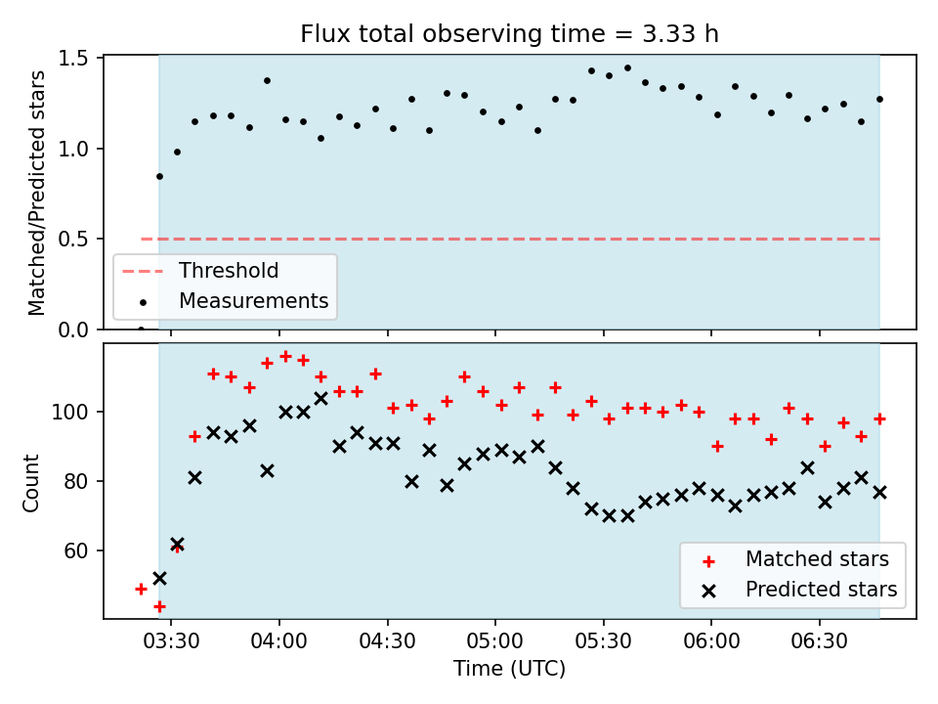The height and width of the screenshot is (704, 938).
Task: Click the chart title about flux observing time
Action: click(x=509, y=34)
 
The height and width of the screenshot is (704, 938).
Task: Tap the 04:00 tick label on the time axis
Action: click(x=278, y=641)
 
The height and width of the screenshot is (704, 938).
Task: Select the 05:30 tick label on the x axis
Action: click(x=603, y=641)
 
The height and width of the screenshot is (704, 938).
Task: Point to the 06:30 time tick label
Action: click(x=819, y=641)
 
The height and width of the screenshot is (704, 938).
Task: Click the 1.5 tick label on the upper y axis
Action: click(x=73, y=58)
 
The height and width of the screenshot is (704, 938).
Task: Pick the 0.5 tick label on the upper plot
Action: click(x=73, y=239)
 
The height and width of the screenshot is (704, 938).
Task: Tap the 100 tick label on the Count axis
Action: click(x=69, y=412)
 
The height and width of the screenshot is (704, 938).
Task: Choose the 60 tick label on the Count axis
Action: click(x=76, y=550)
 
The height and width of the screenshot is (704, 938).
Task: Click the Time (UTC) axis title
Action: click(x=509, y=669)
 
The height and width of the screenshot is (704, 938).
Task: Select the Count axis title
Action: click(x=30, y=483)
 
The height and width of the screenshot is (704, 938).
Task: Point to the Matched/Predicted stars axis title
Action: click(x=36, y=193)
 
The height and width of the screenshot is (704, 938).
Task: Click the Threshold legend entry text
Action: click(x=229, y=271)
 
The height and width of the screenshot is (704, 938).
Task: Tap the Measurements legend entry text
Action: click(x=254, y=300)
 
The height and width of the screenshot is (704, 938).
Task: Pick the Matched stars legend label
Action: click(x=817, y=559)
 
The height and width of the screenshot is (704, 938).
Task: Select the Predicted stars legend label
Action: click(x=822, y=590)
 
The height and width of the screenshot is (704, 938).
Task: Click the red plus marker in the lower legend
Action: click(x=709, y=561)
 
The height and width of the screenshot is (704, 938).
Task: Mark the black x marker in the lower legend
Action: click(x=709, y=592)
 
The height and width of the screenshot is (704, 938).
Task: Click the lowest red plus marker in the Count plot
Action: click(x=159, y=607)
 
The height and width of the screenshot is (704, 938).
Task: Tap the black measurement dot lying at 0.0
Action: click(x=141, y=330)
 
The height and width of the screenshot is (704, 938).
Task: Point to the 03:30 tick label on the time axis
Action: click(x=171, y=641)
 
